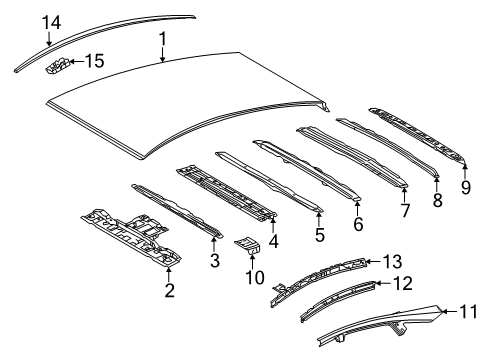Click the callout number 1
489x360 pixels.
160,39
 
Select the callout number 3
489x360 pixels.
213,262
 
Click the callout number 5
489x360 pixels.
320,236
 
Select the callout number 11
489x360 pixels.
465,312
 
